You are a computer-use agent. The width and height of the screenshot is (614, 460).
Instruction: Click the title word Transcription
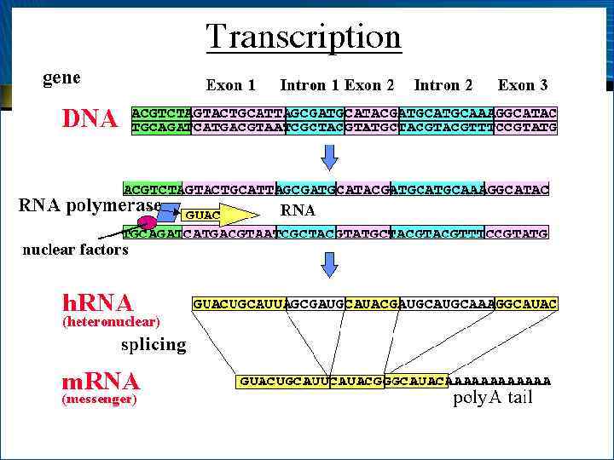tap(303, 37)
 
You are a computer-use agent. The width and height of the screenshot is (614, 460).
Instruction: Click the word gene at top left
tap(61, 78)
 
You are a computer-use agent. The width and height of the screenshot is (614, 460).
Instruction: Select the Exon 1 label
tap(230, 85)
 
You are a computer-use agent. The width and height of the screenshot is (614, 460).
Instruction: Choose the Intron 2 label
tap(443, 85)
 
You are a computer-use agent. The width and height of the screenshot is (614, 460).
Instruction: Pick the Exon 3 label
tap(523, 85)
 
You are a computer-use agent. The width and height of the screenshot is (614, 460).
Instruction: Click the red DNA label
tap(90, 119)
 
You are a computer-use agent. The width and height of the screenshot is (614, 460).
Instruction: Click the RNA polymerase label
tap(90, 205)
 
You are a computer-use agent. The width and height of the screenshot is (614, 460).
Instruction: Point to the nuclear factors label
tap(75, 250)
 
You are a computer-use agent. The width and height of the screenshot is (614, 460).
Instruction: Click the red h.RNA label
tap(98, 302)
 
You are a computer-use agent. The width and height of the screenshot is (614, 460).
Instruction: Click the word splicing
tap(153, 344)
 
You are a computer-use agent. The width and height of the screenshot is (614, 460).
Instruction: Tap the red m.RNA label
tap(101, 381)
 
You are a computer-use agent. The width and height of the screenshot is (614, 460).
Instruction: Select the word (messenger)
tap(100, 399)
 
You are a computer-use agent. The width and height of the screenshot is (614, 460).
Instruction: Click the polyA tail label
tap(493, 398)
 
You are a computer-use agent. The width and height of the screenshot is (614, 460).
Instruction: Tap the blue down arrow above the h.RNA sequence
tap(331, 268)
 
